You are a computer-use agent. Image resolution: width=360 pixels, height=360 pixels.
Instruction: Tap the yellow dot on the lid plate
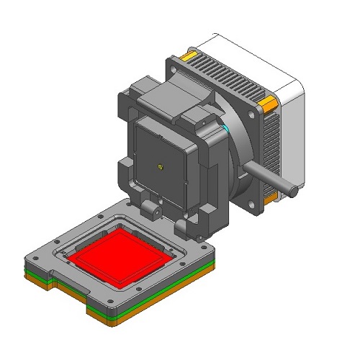coord(160,166)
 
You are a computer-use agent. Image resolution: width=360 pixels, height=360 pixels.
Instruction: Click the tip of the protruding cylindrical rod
coord(294,190)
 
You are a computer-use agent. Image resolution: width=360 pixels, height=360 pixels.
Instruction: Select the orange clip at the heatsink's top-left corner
coord(189,55)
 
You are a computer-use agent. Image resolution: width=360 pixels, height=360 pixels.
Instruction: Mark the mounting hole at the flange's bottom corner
coord(252,210)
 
